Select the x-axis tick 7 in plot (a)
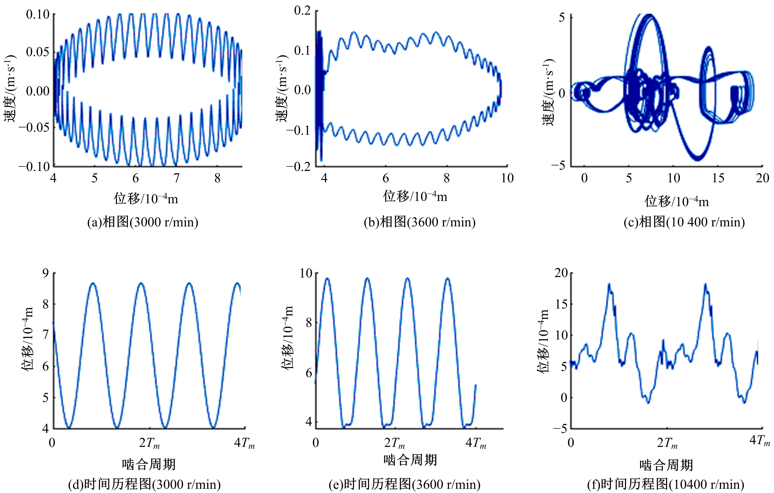point(177,178)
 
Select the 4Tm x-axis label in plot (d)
point(244,443)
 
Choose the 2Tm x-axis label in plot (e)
point(394,443)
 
